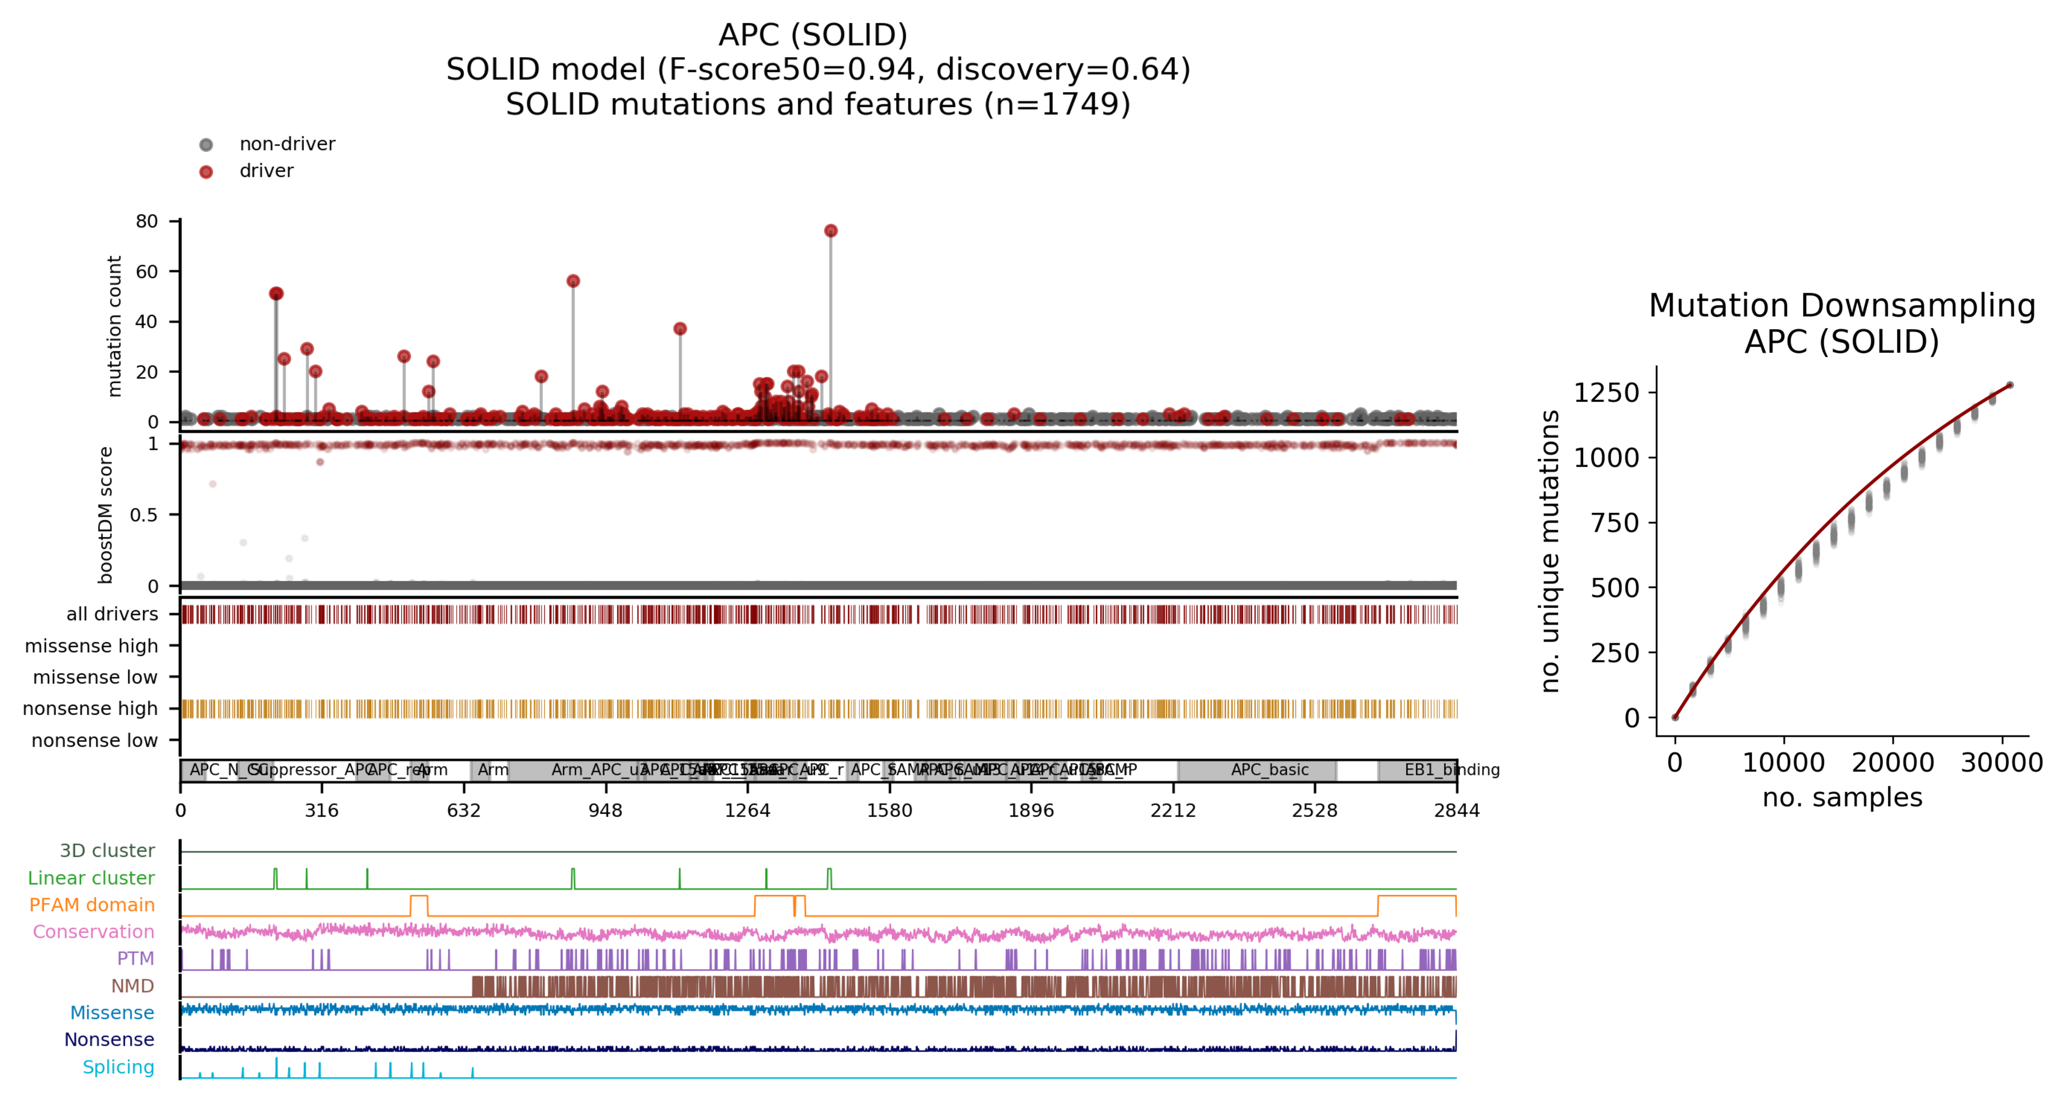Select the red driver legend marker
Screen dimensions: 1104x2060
pos(206,172)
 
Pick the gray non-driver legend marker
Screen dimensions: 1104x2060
pos(206,145)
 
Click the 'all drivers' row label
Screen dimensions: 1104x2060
pos(112,614)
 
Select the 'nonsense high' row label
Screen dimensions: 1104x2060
pos(91,709)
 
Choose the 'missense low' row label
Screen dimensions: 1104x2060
pos(95,677)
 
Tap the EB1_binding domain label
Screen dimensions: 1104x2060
pos(1452,770)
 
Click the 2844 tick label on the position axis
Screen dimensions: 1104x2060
pos(1456,811)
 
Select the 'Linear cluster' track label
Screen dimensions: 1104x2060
pos(91,878)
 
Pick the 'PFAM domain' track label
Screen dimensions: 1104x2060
pos(92,905)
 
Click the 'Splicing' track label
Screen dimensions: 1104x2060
pos(118,1067)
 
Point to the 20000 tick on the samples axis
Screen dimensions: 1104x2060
pos(1893,763)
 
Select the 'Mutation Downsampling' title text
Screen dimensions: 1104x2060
pos(1842,306)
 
